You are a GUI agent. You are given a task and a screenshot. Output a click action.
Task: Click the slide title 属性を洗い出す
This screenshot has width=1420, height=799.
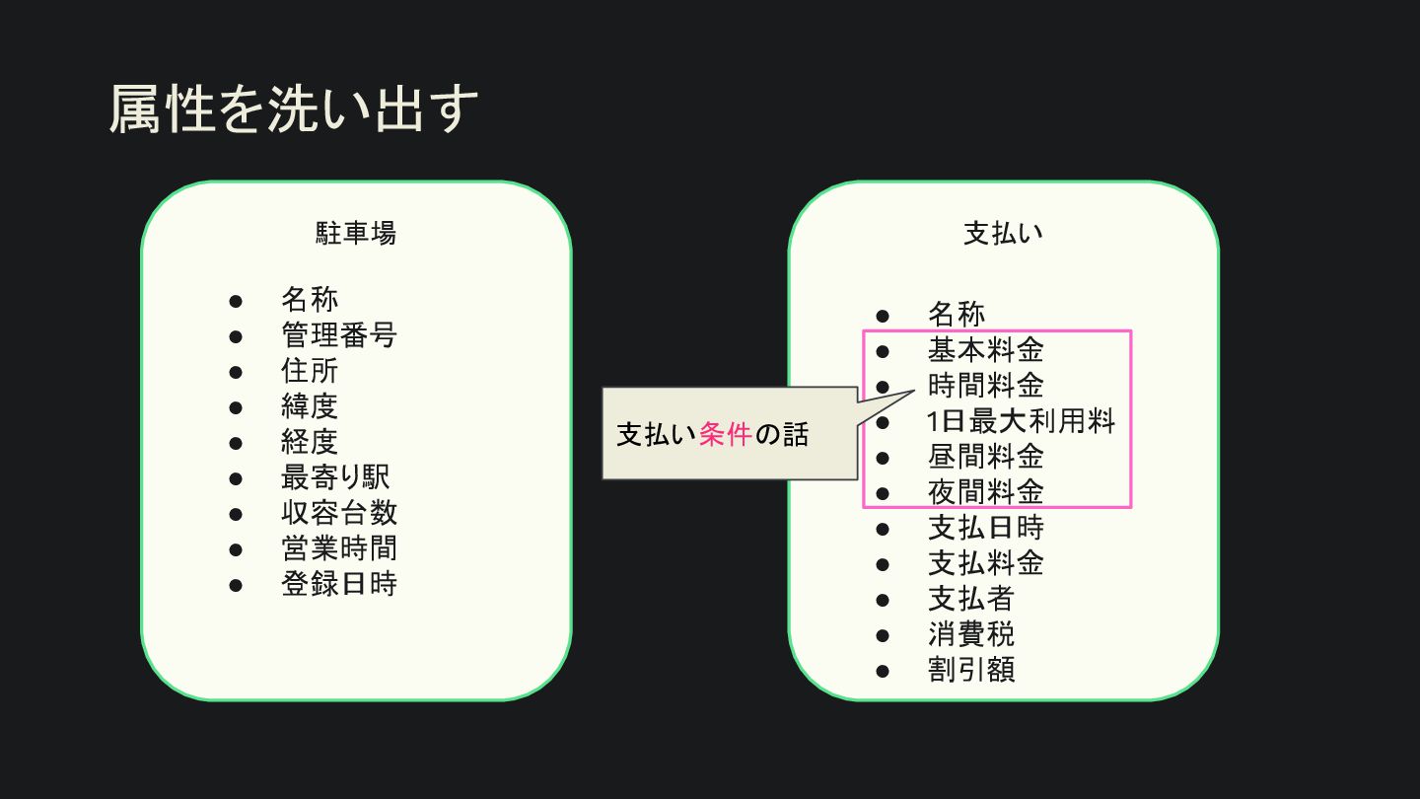tap(293, 109)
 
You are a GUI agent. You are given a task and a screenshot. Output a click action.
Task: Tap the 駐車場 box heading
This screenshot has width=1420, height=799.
tap(356, 233)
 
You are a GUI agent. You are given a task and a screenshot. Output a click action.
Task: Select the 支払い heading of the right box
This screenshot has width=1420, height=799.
tap(1003, 233)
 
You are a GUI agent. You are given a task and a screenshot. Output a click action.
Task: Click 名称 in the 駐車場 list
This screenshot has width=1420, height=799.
tap(310, 299)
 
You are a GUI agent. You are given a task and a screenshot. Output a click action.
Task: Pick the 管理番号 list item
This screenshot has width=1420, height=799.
tap(339, 335)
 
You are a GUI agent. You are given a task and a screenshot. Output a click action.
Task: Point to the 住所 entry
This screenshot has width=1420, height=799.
tap(310, 371)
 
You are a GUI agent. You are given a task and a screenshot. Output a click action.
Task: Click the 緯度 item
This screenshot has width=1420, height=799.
tap(310, 406)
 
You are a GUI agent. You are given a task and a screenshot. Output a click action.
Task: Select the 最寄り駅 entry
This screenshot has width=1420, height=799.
tap(335, 477)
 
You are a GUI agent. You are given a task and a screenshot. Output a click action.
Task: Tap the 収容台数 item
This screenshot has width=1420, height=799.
tap(339, 513)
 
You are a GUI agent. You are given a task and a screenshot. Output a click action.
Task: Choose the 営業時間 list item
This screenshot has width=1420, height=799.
tap(339, 548)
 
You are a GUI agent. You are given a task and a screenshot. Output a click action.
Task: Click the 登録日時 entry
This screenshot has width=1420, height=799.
tap(339, 584)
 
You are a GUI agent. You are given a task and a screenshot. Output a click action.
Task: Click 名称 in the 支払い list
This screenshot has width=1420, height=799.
tap(957, 315)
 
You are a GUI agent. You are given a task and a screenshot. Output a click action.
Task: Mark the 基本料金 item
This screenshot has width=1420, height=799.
tap(985, 350)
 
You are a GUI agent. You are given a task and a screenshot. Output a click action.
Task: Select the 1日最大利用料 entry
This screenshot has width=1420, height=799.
tap(1021, 422)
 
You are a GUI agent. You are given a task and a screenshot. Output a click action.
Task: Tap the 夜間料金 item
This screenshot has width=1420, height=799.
tap(985, 492)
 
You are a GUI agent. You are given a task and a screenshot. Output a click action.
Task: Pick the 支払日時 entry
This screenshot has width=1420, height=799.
tap(985, 528)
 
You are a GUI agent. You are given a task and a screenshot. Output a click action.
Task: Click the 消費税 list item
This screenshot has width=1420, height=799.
tap(971, 634)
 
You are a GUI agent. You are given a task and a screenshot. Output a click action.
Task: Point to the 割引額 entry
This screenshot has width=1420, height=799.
tap(971, 670)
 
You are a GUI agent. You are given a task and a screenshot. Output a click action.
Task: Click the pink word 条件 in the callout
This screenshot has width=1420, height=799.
tap(726, 434)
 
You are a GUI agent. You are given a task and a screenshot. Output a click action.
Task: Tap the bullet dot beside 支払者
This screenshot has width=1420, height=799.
tap(883, 600)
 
